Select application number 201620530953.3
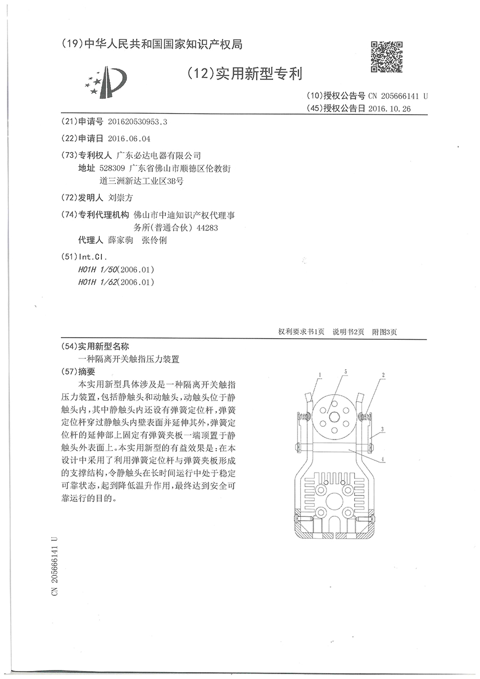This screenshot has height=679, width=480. click(x=138, y=122)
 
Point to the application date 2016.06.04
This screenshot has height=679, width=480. click(x=129, y=138)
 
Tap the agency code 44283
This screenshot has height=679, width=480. click(x=209, y=228)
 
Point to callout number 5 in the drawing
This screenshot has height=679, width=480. click(x=345, y=371)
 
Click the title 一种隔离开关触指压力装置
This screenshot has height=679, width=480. click(x=130, y=360)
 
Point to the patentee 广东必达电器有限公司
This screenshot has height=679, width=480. click(x=158, y=155)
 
